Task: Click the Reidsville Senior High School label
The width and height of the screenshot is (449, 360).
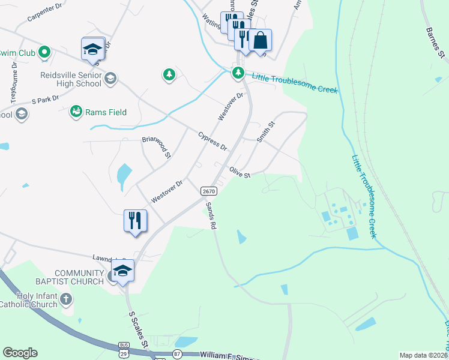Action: pos(71,79)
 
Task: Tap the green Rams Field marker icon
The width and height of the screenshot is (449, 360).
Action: pos(76,111)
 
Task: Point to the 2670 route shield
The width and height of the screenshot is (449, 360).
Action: pos(208,191)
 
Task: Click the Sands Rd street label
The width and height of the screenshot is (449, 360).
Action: pos(211,215)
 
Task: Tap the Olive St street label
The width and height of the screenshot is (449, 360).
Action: pos(238,173)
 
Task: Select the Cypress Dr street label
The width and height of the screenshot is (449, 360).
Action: pos(212,141)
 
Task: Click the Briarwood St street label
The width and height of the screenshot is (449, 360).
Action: pos(156,147)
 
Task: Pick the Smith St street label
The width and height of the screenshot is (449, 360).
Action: pos(265,132)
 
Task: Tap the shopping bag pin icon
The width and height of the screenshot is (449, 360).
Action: pos(261,40)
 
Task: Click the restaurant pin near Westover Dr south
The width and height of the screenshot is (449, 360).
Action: pos(135,220)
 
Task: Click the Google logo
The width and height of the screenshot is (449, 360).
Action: pos(20,353)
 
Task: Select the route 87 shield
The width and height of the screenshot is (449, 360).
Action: pos(177,355)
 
